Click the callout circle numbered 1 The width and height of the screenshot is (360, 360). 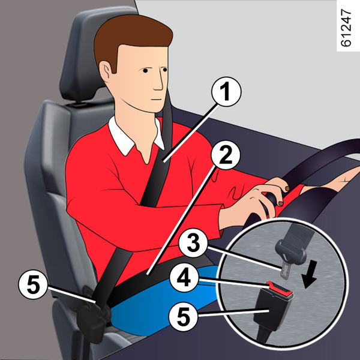(226, 92)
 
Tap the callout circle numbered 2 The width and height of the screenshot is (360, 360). (226, 155)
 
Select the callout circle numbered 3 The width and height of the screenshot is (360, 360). (193, 242)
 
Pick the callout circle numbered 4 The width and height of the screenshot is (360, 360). (184, 277)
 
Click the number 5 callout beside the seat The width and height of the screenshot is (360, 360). (33, 284)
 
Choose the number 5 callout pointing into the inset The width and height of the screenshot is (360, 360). (183, 316)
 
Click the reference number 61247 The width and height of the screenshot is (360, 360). (346, 28)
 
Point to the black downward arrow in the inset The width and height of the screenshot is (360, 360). (310, 275)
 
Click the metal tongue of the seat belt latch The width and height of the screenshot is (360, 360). (286, 270)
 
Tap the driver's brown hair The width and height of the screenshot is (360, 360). (131, 37)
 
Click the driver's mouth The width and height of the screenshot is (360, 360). (157, 100)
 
